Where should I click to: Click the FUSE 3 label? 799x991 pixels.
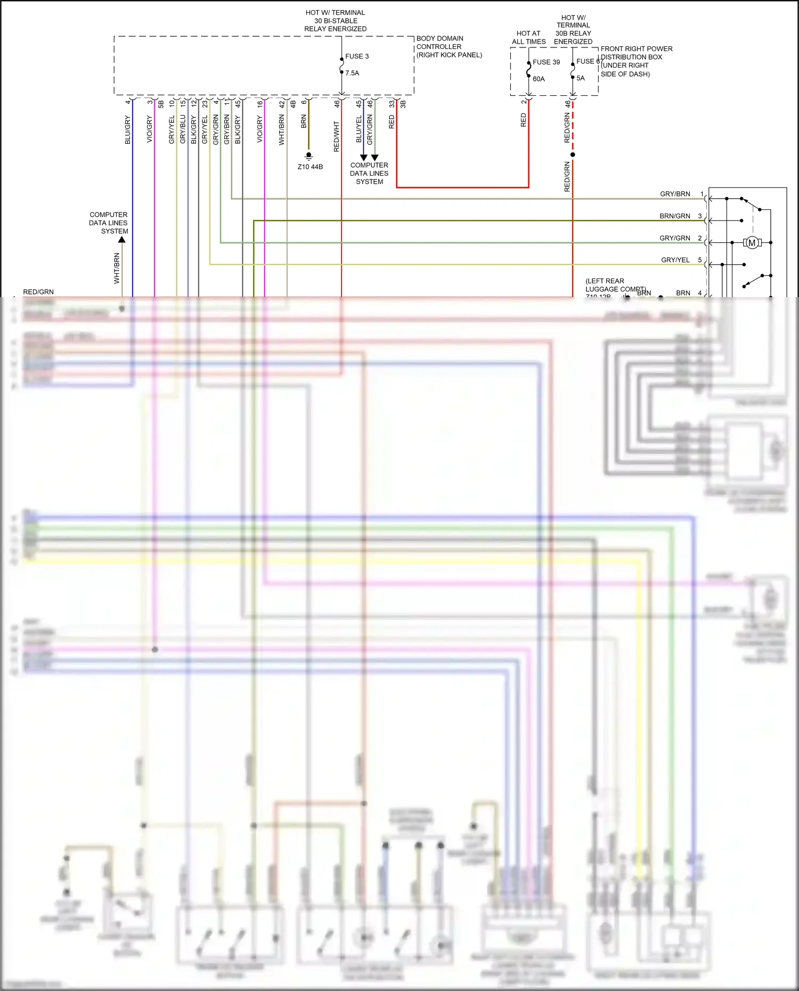point(356,56)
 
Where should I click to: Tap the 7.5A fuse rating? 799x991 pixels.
point(352,73)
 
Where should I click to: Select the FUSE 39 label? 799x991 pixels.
point(546,62)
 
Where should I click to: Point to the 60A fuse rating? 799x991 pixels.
point(539,79)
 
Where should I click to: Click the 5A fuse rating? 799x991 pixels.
point(580,78)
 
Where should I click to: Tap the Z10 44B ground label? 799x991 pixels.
point(310,167)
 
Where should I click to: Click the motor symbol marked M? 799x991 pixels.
point(752,243)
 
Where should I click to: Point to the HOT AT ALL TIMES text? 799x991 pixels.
point(528,37)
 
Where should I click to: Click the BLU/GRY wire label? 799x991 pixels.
point(128,129)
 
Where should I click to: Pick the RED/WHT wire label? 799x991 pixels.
point(336,136)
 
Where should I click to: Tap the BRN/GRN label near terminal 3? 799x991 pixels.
point(674,216)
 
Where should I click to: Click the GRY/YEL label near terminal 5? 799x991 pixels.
point(675,260)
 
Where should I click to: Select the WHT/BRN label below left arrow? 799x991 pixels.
point(117,268)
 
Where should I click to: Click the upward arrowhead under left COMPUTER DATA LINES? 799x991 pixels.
point(122,240)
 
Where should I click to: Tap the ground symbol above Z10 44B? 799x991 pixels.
point(308,156)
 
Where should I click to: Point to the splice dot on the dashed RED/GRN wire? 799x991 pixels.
point(573,154)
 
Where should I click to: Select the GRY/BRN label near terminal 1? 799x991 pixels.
point(674,194)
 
